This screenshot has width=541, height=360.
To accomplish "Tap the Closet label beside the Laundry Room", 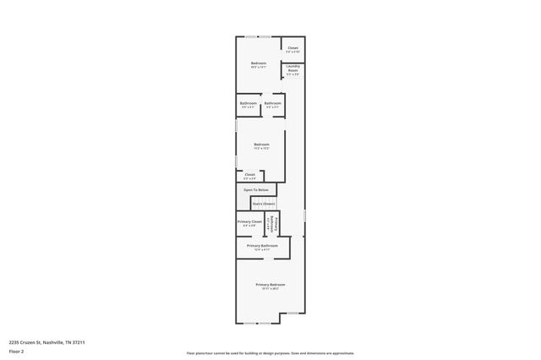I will [x=293, y=48].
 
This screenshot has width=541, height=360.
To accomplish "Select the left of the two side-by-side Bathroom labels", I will [x=249, y=103].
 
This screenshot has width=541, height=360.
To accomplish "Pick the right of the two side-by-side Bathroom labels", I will [x=273, y=103].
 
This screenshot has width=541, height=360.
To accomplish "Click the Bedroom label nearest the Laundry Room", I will [x=259, y=63].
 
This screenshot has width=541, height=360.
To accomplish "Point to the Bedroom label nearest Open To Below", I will [x=262, y=144].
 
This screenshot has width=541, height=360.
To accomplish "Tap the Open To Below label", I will [x=256, y=190].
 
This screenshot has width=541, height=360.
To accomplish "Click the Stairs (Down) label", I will [x=263, y=204].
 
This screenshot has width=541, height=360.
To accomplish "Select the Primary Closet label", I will [x=249, y=221].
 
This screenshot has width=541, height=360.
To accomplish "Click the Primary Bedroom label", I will [x=270, y=285].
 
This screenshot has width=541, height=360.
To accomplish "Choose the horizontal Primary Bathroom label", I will [x=262, y=245].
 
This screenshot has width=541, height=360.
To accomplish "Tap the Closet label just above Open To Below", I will [x=249, y=174].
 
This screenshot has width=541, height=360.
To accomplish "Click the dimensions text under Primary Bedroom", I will [x=270, y=289].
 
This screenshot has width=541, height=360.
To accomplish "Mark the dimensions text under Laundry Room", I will [x=293, y=75].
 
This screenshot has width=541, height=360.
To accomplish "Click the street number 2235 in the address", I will [x=15, y=342].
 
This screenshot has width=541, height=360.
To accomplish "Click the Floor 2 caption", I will [x=16, y=351].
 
